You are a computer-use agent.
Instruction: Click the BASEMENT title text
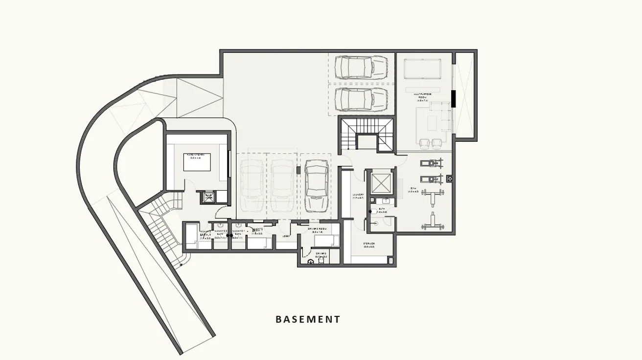tap(308, 319)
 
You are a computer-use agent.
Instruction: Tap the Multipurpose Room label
tap(422, 96)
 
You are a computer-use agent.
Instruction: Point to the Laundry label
tap(358, 196)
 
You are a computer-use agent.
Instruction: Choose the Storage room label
tap(369, 245)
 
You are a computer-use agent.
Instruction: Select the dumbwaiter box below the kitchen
tap(208, 197)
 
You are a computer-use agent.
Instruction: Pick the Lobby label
tap(286, 236)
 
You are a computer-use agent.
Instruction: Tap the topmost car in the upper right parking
tap(361, 67)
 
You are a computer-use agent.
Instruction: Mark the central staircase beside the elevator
tap(367, 133)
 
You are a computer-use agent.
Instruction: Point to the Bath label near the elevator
tap(381, 210)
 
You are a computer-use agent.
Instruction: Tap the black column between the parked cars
tap(298, 170)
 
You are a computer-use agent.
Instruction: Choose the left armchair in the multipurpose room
tap(424, 143)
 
